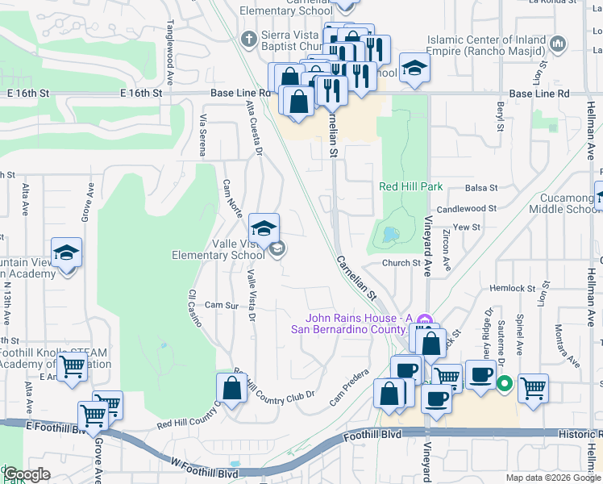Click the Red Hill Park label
coord(411,186)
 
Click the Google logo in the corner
coord(27,474)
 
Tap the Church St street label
coord(401,262)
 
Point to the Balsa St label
coord(482,188)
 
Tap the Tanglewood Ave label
coord(170,43)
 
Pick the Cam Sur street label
coord(222,305)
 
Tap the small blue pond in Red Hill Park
coord(391,235)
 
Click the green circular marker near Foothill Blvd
coord(505,383)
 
